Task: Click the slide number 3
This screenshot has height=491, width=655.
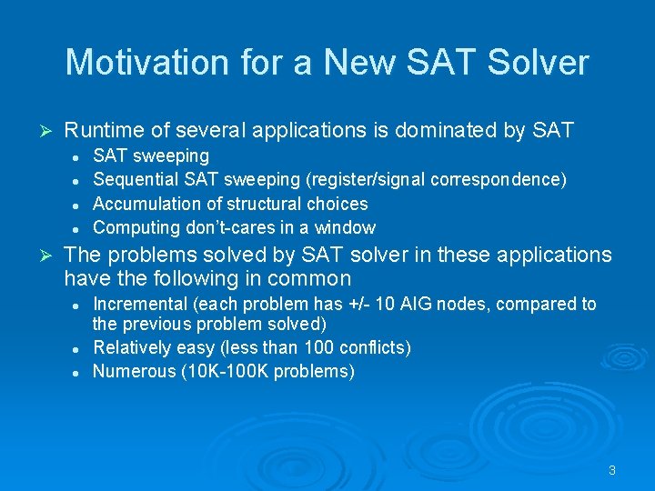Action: pos(612,470)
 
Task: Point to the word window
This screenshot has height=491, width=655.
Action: pos(347,227)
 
